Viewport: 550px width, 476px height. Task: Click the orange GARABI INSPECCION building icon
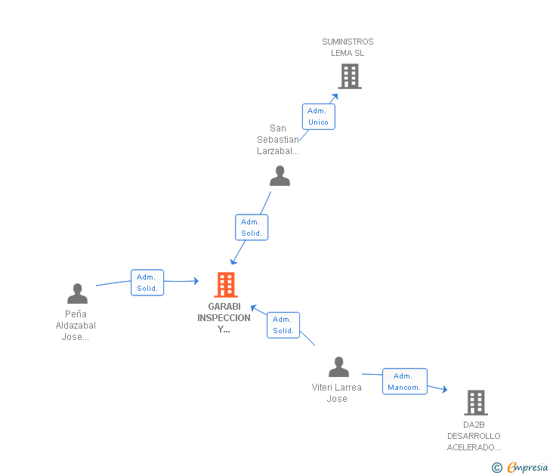point(225,285)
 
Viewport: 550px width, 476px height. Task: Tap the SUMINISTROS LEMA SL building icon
point(349,76)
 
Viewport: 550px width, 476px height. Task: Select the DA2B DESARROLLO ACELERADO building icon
point(476,403)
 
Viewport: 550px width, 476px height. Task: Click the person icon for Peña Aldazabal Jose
point(77,293)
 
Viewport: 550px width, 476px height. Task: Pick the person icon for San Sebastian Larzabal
point(280,176)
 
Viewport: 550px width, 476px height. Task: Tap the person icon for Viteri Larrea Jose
point(338,367)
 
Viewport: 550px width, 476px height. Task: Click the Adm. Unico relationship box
point(318,116)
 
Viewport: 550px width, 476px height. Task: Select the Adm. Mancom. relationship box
point(404,382)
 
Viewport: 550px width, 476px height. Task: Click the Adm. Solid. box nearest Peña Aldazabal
point(147,283)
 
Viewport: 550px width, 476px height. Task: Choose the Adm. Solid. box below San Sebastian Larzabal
point(251,227)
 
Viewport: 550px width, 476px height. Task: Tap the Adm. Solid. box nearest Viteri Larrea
point(283,325)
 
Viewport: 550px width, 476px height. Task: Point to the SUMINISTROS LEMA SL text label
point(348,48)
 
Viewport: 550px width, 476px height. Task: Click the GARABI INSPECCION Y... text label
point(224,318)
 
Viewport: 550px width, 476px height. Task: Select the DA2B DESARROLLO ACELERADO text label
point(474,436)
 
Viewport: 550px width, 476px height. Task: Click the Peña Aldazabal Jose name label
point(76,326)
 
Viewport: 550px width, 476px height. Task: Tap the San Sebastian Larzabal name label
point(278,140)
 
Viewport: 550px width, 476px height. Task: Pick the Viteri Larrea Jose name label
point(337,393)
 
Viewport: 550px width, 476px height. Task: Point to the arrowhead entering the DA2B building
point(444,390)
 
